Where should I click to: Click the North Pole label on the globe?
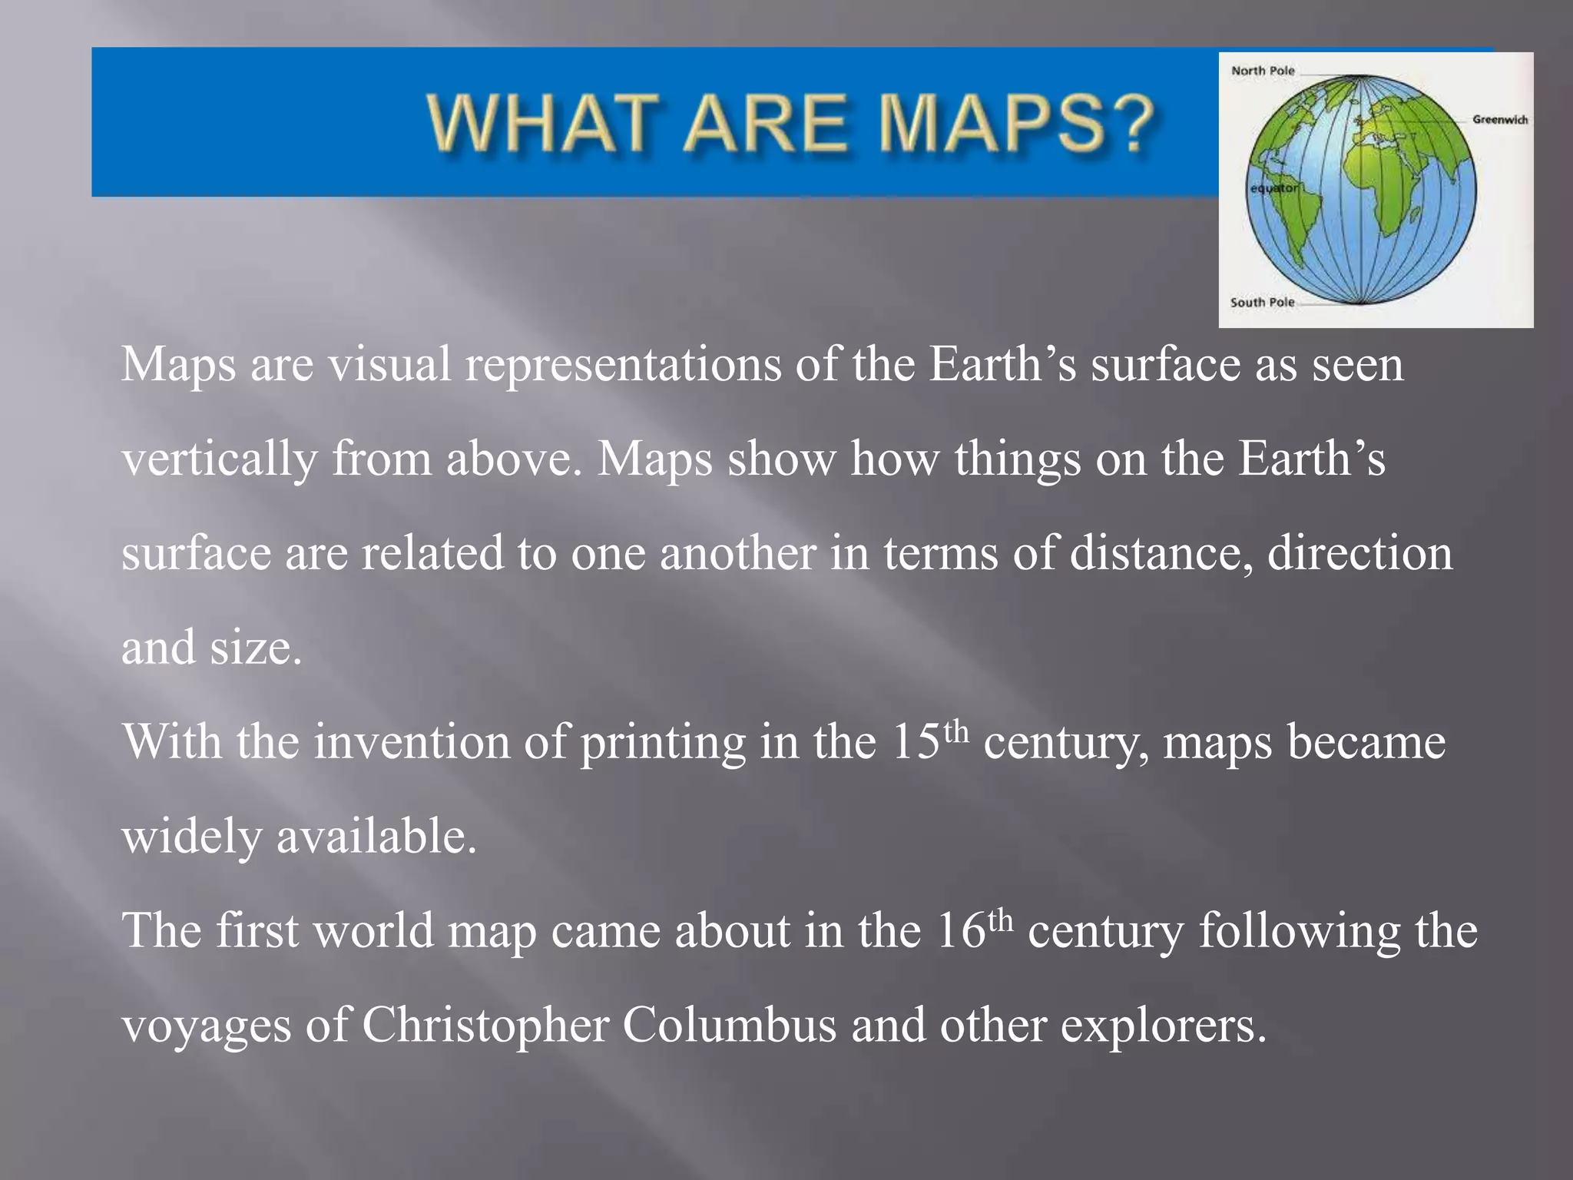pos(1263,71)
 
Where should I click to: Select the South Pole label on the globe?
pos(1262,303)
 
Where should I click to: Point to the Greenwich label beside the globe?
pos(1499,120)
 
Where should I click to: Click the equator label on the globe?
pos(1273,188)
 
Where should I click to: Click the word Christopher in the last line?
pos(485,1025)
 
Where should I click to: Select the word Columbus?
pos(729,1025)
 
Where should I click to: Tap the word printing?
pos(662,743)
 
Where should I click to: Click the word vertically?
pos(219,459)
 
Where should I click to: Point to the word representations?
pos(623,365)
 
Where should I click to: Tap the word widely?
pos(192,837)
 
